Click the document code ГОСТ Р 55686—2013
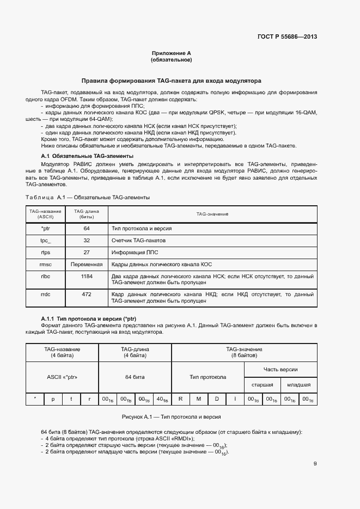[286, 37]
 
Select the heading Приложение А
[171, 53]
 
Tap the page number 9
[315, 464]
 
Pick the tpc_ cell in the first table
[45, 240]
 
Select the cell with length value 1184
[87, 277]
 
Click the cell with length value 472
[87, 295]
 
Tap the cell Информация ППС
[131, 253]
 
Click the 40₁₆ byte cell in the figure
[162, 399]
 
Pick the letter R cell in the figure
[180, 399]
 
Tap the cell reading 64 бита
[135, 377]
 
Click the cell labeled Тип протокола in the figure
[208, 377]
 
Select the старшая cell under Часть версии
[262, 384]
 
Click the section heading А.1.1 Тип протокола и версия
[88, 318]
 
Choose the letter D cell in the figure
[217, 399]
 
